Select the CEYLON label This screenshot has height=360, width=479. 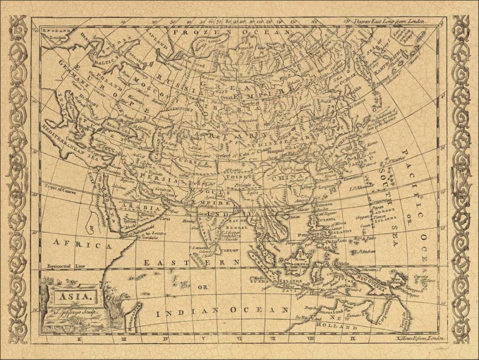pos(228,250)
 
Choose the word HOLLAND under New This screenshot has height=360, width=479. pos(344,325)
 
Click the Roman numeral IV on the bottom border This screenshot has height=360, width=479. pos(165,339)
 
